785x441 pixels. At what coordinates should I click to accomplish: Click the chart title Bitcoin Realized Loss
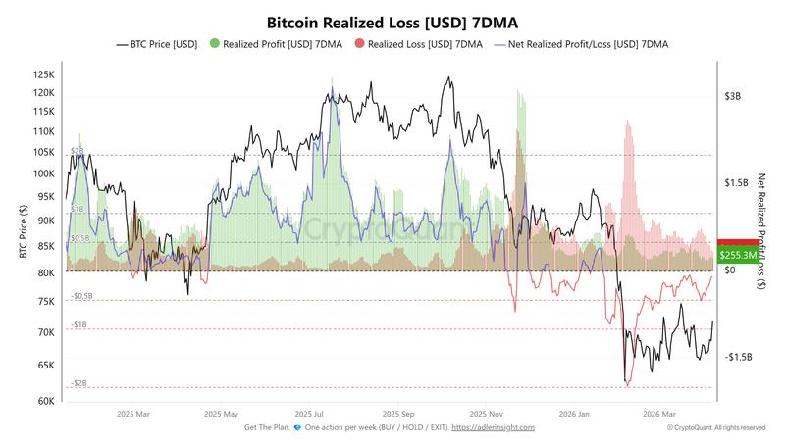[x=392, y=21]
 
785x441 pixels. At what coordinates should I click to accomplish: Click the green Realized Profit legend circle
[x=215, y=44]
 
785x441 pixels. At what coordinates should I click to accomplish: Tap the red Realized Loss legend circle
[x=359, y=44]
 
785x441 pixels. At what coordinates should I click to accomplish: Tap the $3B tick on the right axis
[x=734, y=97]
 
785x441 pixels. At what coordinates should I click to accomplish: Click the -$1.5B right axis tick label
[x=738, y=357]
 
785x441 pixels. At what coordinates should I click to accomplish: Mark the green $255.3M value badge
[x=738, y=255]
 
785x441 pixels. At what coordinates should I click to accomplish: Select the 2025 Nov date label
[x=488, y=414]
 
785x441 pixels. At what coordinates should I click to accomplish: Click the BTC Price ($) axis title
[x=22, y=233]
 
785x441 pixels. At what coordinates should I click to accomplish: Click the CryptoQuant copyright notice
[x=716, y=427]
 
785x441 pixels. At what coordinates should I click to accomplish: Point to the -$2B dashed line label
[x=78, y=383]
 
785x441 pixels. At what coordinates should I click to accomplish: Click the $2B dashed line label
[x=77, y=151]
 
